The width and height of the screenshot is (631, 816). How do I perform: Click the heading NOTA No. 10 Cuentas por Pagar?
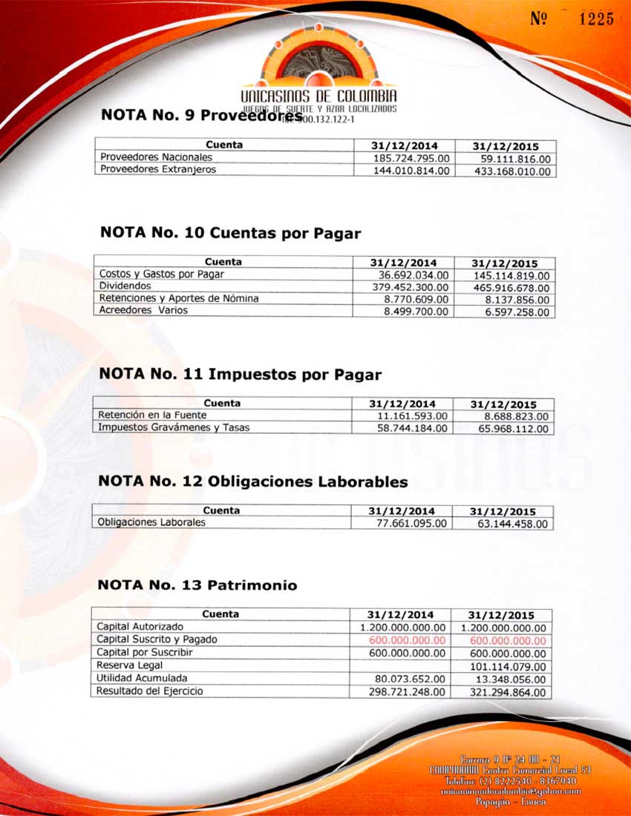230,234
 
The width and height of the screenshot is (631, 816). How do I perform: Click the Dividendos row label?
125,286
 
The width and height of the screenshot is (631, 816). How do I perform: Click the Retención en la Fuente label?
143,415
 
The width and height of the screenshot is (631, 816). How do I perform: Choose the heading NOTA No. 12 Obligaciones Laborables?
253,482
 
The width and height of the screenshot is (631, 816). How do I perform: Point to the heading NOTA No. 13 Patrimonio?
197,586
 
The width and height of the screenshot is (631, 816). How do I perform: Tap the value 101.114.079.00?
509,667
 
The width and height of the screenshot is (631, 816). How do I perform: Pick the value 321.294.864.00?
509,692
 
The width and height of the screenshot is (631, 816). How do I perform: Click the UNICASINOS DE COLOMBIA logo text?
318,98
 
